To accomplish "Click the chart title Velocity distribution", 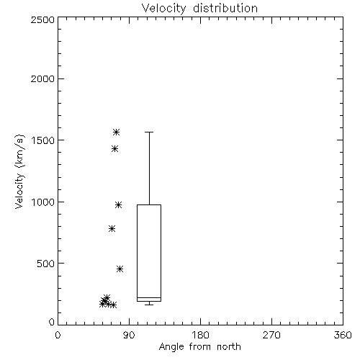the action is tap(199, 8).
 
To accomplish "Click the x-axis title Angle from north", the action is tap(199, 347).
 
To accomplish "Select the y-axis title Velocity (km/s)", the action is tap(19, 171).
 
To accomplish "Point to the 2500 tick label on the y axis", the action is tap(42, 19).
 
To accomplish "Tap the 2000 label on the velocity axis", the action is tap(42, 78).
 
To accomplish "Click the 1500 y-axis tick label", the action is tap(43, 140).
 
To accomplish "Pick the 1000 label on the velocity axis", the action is tap(43, 202).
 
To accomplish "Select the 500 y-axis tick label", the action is tap(45, 264).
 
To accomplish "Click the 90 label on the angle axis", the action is tap(129, 335).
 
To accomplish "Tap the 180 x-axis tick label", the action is tap(200, 335).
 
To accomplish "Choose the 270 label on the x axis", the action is tap(271, 335).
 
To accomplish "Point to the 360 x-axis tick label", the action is tap(343, 335).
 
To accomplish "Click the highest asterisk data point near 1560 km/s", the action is tap(117, 132).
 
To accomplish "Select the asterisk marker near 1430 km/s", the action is tap(114, 149).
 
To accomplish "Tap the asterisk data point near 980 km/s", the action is tap(118, 204).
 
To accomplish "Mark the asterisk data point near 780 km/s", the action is tap(112, 228).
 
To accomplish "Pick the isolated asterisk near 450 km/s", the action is tap(120, 269).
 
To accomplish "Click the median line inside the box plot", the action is tap(149, 297).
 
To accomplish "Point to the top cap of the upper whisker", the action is tap(149, 132).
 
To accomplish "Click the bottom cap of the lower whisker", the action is tap(149, 305).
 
